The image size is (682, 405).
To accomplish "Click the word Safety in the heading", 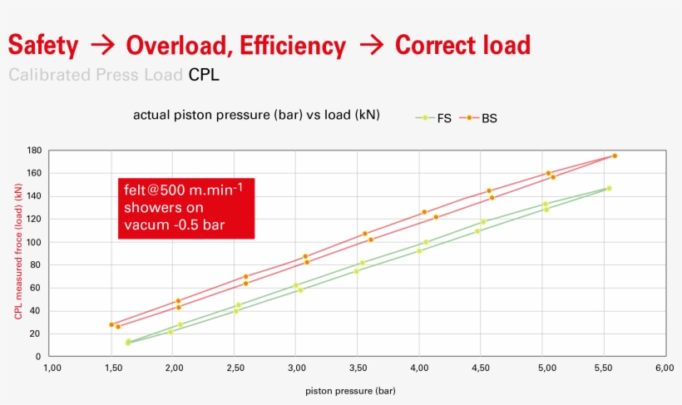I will pos(43,45).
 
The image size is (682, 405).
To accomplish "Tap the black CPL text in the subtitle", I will pos(204,75).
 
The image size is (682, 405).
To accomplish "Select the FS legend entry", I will pos(437,118).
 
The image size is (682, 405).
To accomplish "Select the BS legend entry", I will pos(489,118).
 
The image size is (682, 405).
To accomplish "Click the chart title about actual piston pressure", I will pos(256,115).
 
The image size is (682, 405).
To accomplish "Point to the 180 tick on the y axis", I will pos(33,151).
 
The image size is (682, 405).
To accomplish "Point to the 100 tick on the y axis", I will pos(33,242).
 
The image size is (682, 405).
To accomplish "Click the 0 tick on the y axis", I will pos(38,357).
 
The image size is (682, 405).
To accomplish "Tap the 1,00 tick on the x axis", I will pos(52,368).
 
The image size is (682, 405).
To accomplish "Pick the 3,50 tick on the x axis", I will pos(358,368).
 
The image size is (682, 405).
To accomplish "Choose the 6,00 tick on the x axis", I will pos(664,368).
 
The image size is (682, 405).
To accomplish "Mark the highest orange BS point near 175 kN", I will pos(615,156).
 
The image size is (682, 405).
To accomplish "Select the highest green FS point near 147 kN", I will pos(609,188).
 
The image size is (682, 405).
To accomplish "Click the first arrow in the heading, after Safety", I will pos(101,45).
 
